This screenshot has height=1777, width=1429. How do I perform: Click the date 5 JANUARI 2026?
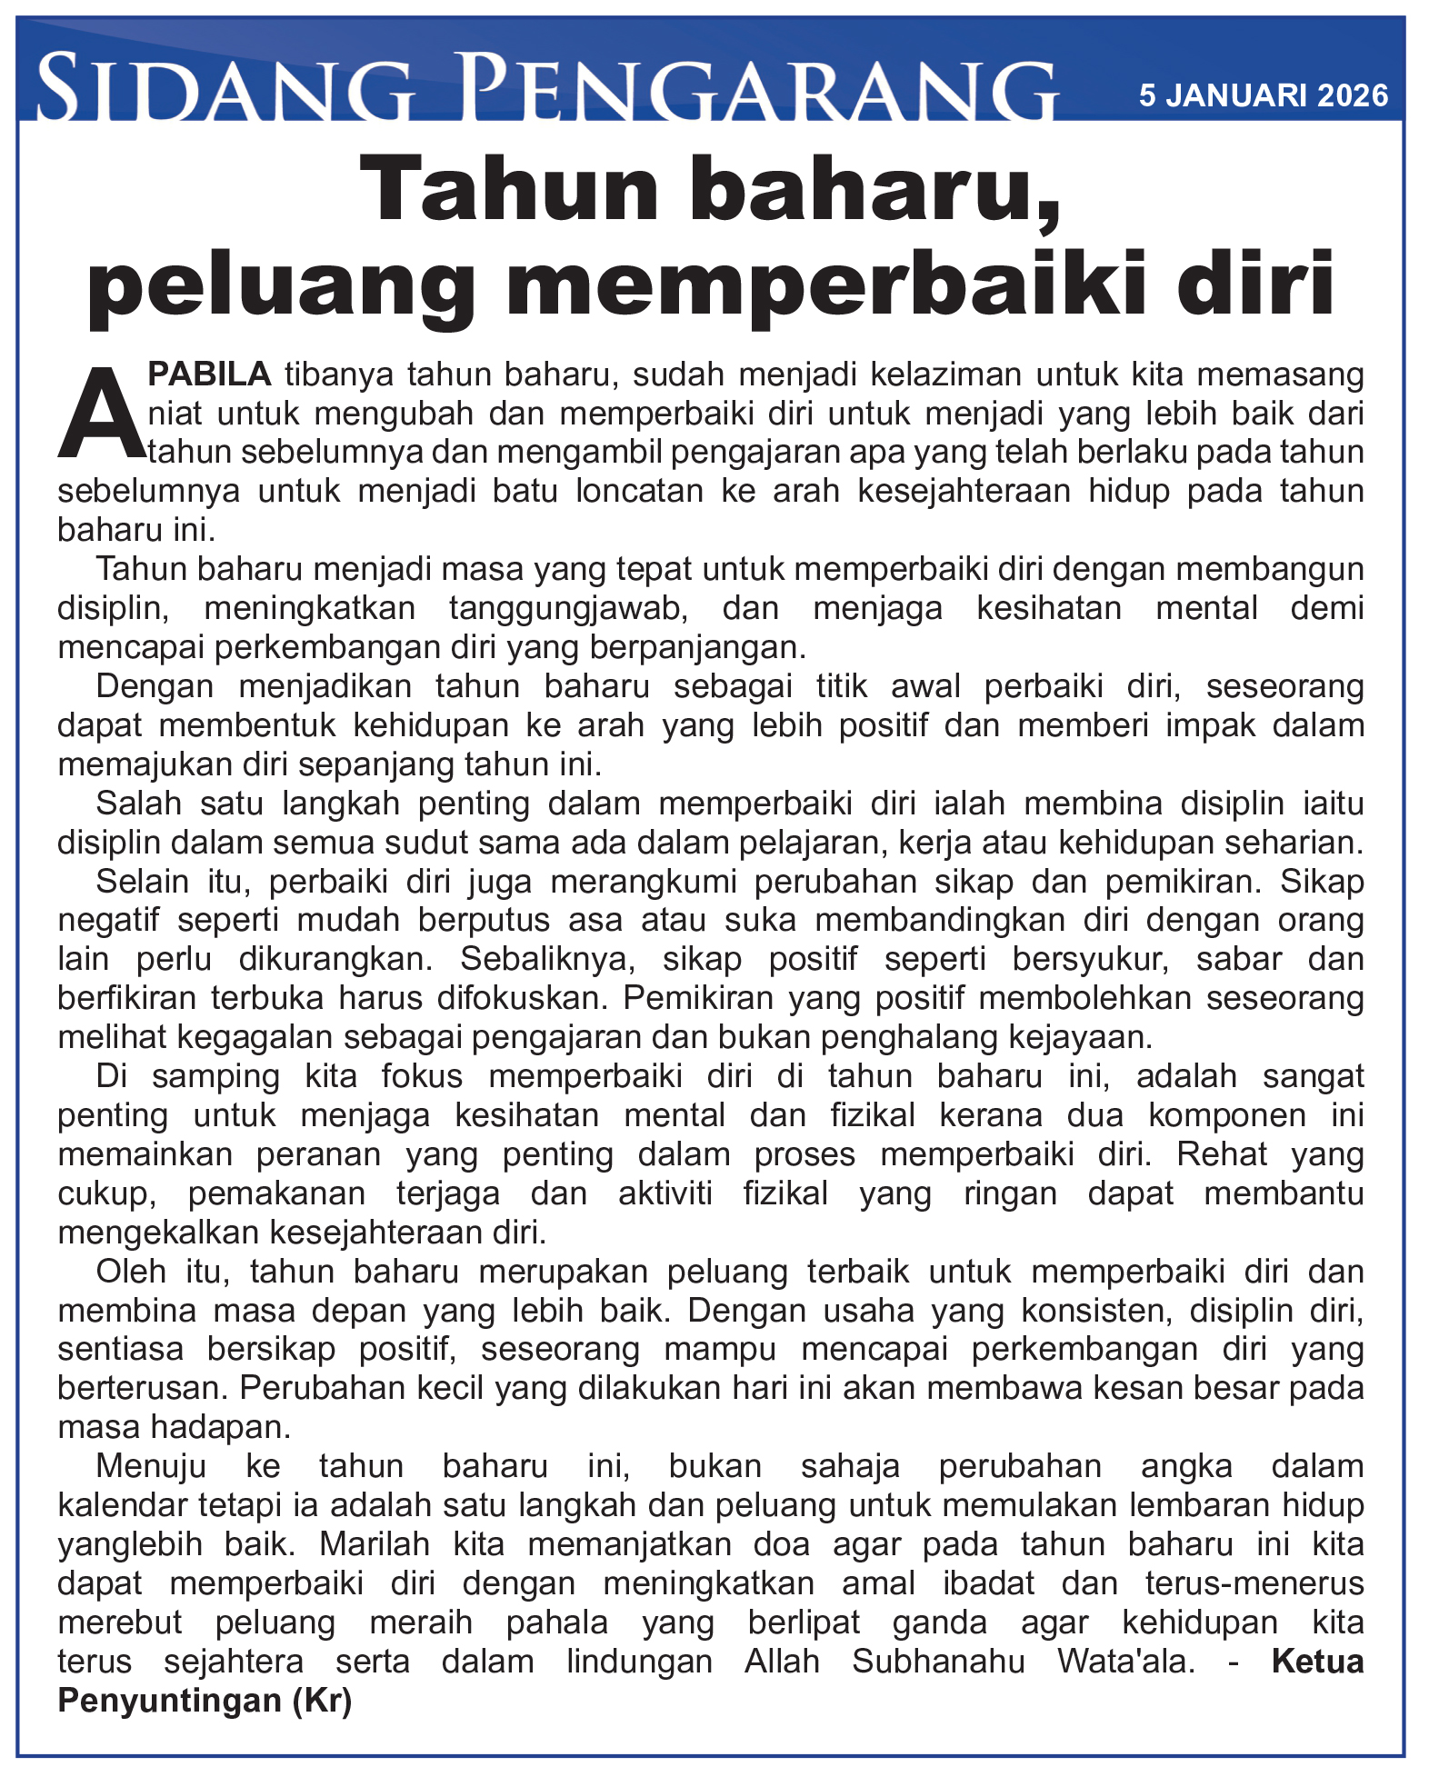click(x=1264, y=95)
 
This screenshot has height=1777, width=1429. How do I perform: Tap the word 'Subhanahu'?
click(x=939, y=1662)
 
